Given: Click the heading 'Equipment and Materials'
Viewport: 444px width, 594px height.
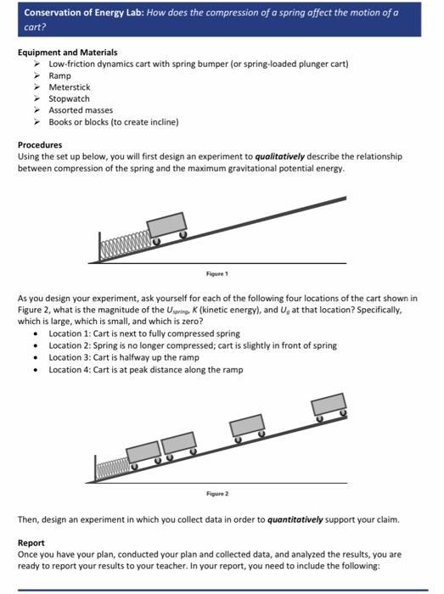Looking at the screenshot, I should tap(67, 53).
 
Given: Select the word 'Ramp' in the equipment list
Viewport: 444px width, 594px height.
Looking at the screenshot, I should tap(60, 76).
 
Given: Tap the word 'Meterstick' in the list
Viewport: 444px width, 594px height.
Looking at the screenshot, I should tap(69, 87).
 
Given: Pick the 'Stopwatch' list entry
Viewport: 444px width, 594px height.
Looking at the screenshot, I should tap(69, 98).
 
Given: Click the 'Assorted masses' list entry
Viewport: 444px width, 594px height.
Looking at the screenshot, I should tap(81, 109).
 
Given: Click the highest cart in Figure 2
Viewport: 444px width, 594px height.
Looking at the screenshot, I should tap(328, 406).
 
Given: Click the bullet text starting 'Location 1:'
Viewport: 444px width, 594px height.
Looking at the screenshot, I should tap(144, 334).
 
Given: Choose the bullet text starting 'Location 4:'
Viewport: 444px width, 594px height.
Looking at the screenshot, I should tap(146, 369).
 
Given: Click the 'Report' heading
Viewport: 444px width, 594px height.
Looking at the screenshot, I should tap(31, 542).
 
